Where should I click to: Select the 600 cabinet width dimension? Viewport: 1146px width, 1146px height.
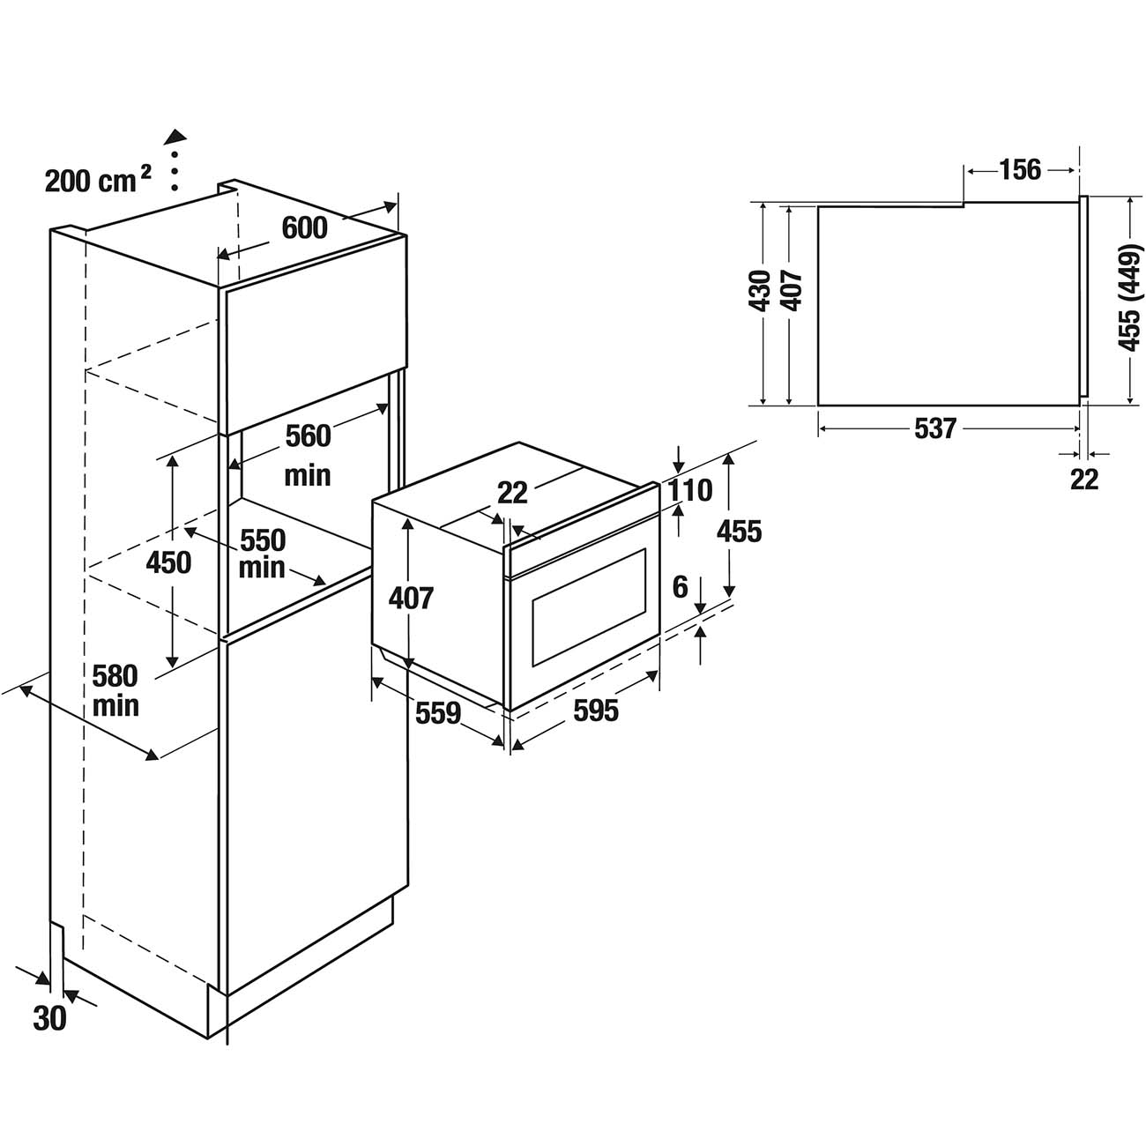click(x=304, y=227)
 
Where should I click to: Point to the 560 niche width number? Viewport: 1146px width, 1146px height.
click(x=307, y=435)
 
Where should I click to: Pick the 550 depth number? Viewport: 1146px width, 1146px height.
click(x=263, y=540)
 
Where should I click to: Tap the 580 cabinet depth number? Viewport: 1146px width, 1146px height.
click(x=115, y=676)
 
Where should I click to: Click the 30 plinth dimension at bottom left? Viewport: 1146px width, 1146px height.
click(x=49, y=1018)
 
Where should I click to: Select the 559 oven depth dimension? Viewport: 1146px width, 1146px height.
click(x=438, y=712)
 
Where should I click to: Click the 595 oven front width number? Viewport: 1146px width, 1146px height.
click(x=596, y=710)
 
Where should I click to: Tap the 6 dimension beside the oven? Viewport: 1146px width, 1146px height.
click(x=680, y=587)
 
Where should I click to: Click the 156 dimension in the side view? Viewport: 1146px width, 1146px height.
click(x=1020, y=169)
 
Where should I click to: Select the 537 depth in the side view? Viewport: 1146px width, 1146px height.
click(x=935, y=428)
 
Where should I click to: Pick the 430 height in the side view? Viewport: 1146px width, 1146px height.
click(x=760, y=291)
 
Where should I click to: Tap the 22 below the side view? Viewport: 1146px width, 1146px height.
click(x=1084, y=479)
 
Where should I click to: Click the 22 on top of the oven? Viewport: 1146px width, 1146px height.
click(x=512, y=492)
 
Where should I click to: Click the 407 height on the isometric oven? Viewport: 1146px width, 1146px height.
click(x=411, y=598)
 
